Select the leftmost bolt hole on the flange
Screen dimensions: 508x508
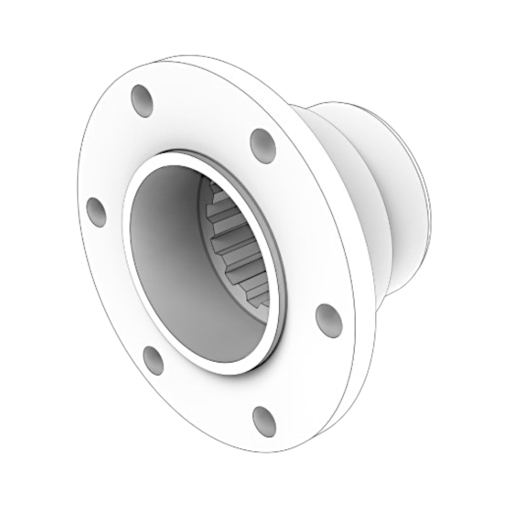pyautogui.click(x=96, y=212)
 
